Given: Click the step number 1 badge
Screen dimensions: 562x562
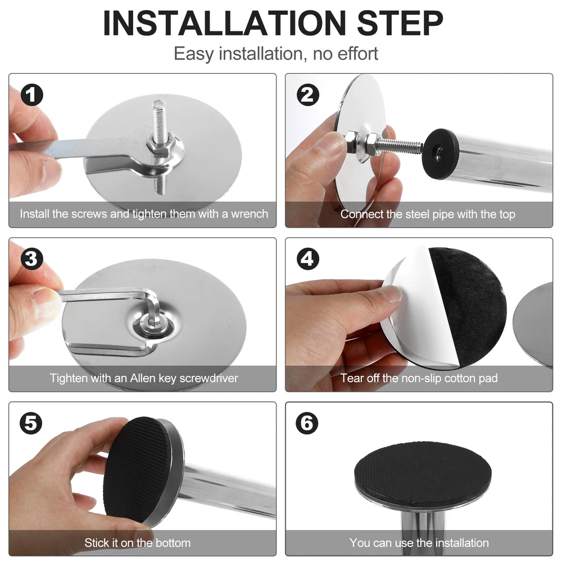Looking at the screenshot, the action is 32,95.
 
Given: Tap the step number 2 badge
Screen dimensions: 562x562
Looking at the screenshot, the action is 308,95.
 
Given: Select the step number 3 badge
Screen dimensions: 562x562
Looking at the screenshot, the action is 32,259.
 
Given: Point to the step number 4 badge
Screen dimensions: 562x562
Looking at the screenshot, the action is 308,259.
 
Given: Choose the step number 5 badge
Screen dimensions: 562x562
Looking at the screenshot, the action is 31,423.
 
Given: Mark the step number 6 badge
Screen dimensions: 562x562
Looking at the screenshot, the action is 307,423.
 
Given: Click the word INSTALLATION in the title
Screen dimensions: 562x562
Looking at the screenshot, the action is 224,23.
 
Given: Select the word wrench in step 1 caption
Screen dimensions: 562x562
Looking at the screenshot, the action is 250,214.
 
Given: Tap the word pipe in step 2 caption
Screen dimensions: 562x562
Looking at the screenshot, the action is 443,215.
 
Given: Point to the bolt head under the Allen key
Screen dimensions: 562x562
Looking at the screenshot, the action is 153,321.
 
